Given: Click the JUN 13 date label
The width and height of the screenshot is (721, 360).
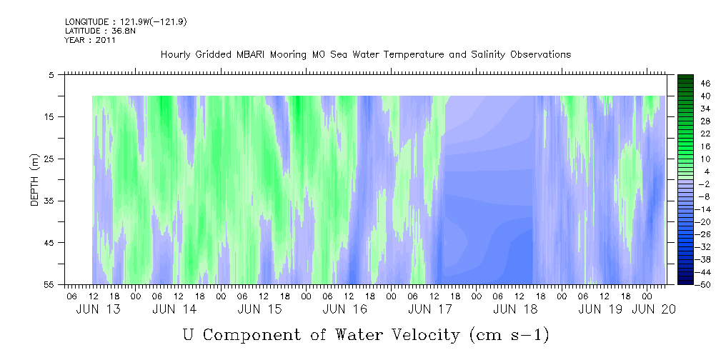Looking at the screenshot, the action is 99,309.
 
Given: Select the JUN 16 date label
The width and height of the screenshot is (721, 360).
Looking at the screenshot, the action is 345,309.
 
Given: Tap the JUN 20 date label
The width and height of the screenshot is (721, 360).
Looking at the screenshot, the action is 653,309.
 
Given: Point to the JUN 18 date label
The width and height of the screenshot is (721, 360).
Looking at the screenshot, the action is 515,309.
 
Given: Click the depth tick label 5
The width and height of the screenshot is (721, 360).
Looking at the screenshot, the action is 51,74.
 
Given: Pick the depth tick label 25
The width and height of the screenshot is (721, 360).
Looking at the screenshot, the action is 48,159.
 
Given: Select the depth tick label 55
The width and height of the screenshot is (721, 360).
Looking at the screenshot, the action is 48,284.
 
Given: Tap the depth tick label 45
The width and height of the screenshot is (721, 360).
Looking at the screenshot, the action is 48,243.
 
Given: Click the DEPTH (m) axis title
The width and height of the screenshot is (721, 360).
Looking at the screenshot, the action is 35,180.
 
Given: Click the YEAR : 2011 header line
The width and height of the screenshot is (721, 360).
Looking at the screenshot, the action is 90,40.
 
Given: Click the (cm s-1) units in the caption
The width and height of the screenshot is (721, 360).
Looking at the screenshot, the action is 509,335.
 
